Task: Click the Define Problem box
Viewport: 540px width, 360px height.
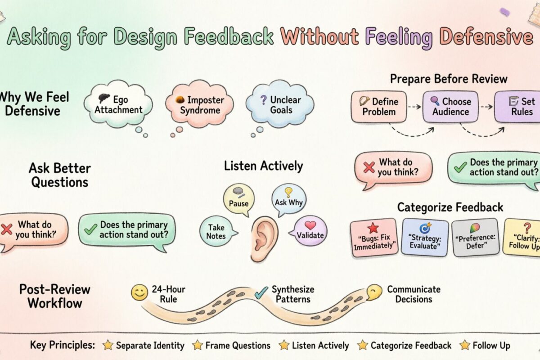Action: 378,106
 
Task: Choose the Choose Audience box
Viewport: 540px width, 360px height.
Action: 450,106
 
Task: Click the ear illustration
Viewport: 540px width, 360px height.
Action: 264,233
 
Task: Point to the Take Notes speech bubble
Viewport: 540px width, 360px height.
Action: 217,231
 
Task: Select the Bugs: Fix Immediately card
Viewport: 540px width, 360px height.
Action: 373,237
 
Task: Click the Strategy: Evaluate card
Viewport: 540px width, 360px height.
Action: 425,237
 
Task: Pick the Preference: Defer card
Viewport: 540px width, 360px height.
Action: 475,237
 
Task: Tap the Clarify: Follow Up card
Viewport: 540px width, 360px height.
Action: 522,237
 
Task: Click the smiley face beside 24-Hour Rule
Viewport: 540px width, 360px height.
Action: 139,293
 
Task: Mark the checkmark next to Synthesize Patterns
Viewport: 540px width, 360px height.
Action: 261,293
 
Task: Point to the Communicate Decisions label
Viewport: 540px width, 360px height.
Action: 414,294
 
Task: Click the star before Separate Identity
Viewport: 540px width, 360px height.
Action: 108,345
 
